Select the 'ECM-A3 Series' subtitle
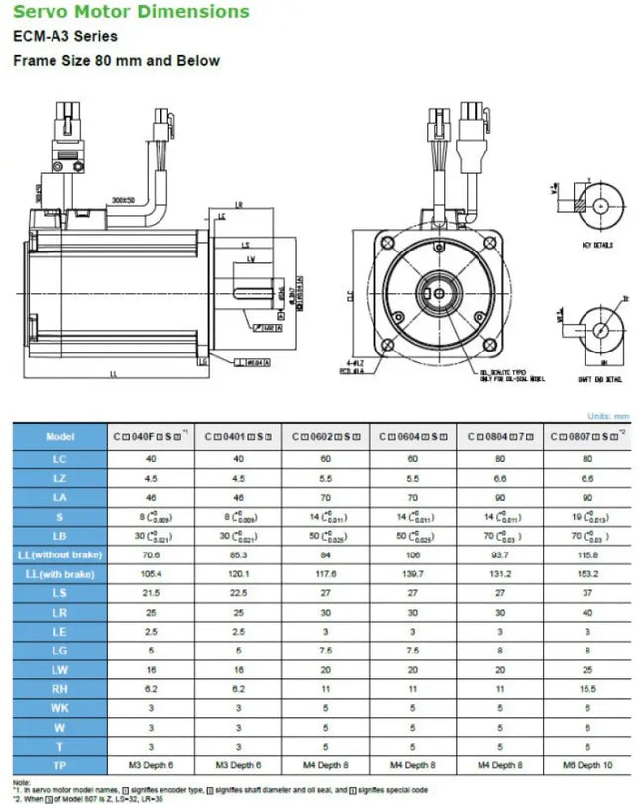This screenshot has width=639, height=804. (x=64, y=37)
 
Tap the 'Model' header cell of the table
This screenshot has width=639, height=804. (x=59, y=437)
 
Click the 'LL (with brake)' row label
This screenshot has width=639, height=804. (x=59, y=574)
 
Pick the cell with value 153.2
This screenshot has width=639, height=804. (x=587, y=574)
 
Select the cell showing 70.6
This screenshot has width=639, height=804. (x=151, y=554)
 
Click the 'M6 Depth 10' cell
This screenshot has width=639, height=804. (x=587, y=765)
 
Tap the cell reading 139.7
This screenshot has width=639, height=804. (x=413, y=574)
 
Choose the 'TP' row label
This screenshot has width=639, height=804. (x=59, y=765)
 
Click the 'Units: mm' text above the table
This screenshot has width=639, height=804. (x=608, y=417)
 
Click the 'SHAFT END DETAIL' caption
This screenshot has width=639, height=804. (x=599, y=379)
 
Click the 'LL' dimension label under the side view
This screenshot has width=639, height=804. (x=113, y=373)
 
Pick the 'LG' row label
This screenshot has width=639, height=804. (x=59, y=651)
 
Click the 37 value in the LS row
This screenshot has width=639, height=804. (x=587, y=593)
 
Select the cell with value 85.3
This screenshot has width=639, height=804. (x=238, y=554)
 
